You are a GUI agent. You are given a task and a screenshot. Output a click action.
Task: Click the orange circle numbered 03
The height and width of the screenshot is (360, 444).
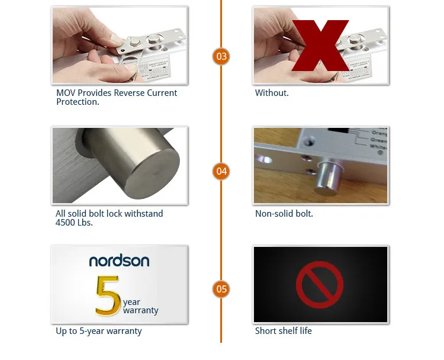221,57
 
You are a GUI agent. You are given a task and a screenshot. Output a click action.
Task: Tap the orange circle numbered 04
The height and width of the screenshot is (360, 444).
221,172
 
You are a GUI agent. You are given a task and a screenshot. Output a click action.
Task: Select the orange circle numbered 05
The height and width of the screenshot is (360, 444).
221,289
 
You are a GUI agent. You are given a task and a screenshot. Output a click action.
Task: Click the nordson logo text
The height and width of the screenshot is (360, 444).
119,261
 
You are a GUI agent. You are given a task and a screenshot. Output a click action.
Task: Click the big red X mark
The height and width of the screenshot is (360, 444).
320,45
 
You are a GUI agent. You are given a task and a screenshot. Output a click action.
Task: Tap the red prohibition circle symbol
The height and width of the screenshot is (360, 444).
320,285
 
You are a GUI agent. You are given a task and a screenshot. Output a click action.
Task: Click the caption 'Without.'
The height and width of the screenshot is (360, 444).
272,93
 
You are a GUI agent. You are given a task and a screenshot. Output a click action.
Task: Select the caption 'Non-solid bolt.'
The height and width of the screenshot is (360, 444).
284,214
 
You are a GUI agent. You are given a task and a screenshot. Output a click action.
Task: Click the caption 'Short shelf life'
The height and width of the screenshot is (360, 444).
283,331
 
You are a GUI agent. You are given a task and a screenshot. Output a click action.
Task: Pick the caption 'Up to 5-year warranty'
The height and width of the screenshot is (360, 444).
99,331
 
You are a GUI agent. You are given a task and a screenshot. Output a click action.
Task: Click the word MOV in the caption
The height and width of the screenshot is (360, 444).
66,93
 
